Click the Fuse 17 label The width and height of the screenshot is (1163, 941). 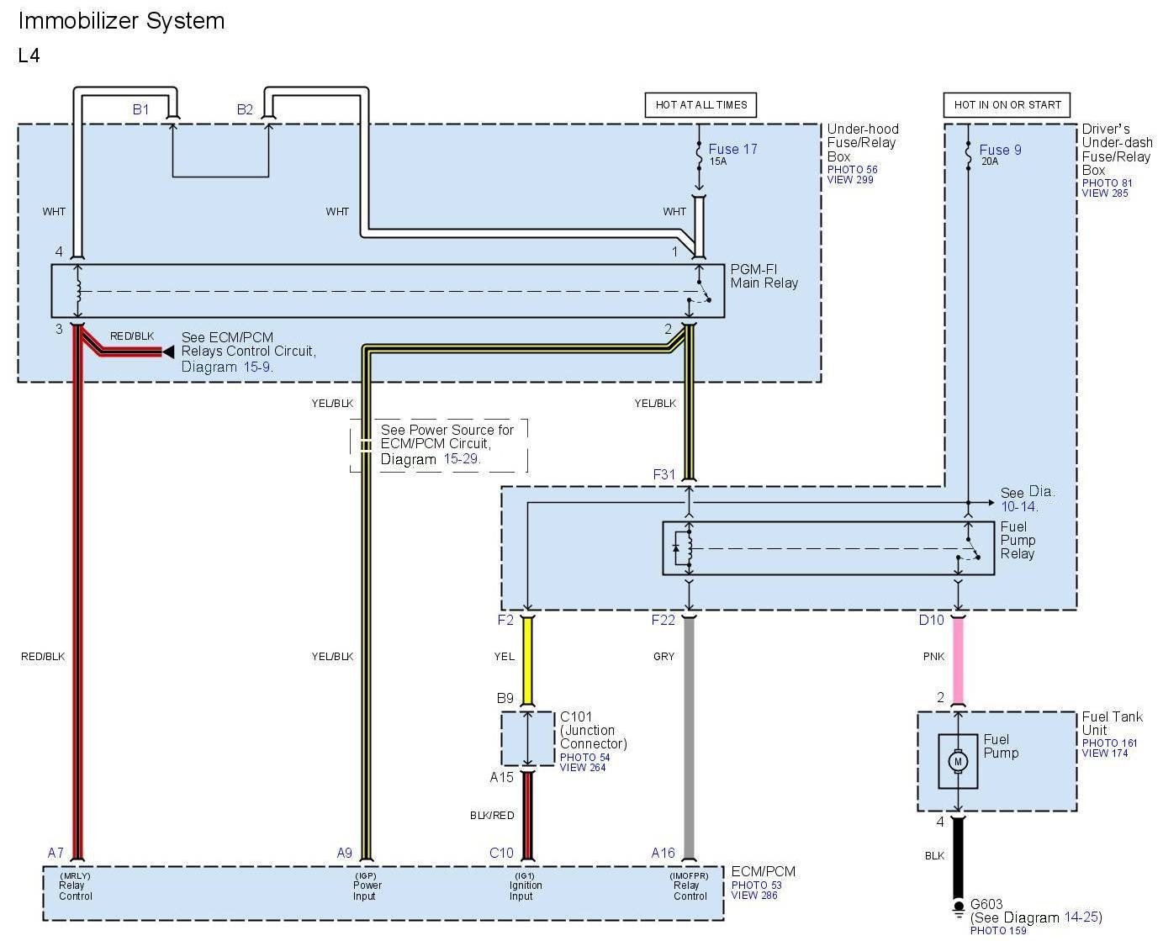coord(732,150)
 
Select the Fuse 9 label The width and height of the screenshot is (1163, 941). coord(1000,151)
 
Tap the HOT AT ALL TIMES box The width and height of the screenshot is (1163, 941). coord(701,105)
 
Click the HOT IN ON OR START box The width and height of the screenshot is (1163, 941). coord(1007,105)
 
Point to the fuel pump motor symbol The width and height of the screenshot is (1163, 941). coord(957,762)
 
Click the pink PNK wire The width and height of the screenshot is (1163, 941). coord(957,660)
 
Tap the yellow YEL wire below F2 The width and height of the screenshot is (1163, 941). coord(528,660)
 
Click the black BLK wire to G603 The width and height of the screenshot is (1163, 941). coord(957,858)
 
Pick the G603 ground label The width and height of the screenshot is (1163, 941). coord(986,905)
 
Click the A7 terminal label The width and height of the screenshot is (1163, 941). coord(56,853)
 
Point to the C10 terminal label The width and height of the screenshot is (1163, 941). coord(501,853)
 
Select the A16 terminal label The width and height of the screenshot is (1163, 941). coord(663,853)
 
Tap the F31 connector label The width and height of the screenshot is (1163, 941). coord(664,474)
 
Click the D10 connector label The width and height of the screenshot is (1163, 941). coord(931,620)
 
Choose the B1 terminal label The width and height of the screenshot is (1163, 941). coord(140,109)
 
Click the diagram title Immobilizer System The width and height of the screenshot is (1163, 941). coord(122,21)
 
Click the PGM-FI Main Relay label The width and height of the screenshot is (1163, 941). coord(764,276)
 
